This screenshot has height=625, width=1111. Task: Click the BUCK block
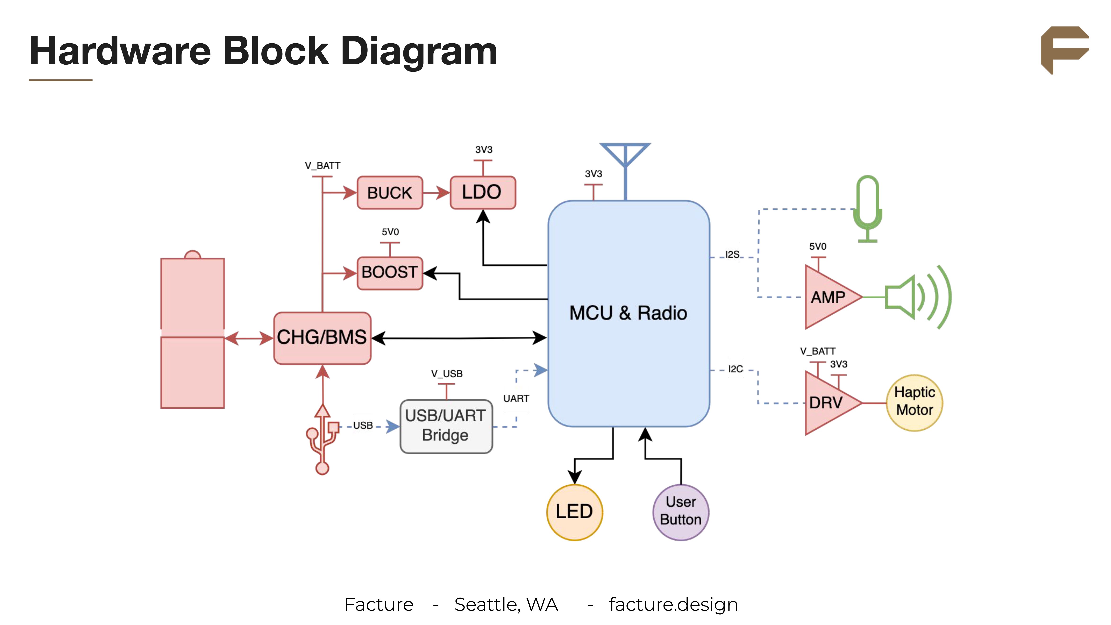coord(389,193)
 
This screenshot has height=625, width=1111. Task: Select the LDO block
coord(482,192)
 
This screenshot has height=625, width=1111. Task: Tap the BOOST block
coord(389,272)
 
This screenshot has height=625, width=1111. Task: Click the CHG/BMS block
coord(322,338)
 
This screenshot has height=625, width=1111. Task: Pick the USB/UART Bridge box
coord(446,426)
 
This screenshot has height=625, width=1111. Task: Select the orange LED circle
coord(574,512)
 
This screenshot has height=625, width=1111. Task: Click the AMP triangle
coord(828,297)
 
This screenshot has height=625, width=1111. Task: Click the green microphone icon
coord(867,207)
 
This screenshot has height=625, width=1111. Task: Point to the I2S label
coord(732,254)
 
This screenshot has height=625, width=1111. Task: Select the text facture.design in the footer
coord(673,604)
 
